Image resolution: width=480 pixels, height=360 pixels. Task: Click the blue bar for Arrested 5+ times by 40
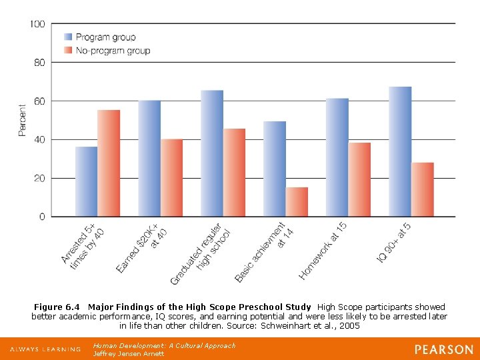87,181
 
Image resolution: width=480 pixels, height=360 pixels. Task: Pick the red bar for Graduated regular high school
234,173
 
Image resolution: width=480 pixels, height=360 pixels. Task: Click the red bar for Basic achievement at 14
297,202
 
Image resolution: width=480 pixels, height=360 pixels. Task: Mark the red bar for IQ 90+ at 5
423,189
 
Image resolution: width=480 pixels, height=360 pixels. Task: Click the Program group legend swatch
68,37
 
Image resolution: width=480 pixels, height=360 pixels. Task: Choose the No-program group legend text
113,51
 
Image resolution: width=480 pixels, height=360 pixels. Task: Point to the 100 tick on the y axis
37,24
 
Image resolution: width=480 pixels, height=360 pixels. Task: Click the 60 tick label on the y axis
39,101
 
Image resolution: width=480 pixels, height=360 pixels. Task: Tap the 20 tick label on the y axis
39,179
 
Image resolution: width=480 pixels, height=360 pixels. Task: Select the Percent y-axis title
22,121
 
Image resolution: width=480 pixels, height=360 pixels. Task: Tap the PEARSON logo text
443,349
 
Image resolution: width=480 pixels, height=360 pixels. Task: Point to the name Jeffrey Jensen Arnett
128,353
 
